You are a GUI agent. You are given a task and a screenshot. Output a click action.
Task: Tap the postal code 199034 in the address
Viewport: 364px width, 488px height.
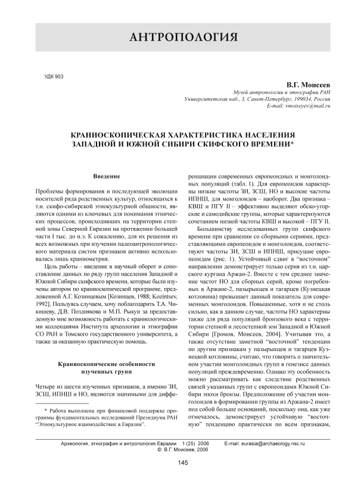pyautogui.click(x=301, y=99)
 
